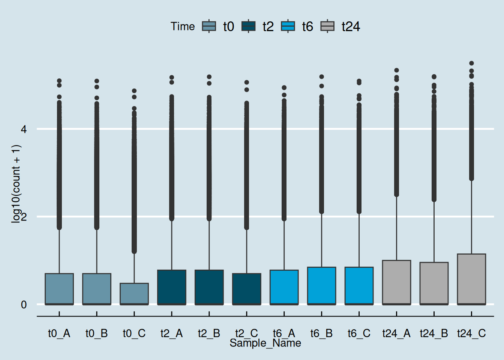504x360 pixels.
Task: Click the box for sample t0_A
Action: click(x=59, y=289)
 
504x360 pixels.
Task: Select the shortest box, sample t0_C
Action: click(x=134, y=294)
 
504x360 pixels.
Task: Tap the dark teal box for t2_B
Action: click(x=209, y=287)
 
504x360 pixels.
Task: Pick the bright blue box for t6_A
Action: click(x=284, y=287)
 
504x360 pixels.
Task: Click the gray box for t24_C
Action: click(x=471, y=279)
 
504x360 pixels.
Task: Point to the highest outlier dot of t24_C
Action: click(x=471, y=63)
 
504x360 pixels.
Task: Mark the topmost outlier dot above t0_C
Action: click(x=134, y=91)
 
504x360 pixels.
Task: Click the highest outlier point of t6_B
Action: click(x=321, y=77)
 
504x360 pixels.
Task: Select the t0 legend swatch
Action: click(x=209, y=26)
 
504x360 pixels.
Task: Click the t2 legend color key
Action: click(x=248, y=26)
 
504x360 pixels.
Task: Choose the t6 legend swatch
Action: click(x=288, y=26)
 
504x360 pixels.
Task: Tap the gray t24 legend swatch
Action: click(x=327, y=26)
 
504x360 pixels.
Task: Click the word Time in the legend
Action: click(x=183, y=26)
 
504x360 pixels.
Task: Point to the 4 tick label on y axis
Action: click(x=24, y=129)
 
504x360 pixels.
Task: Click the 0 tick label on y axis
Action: click(x=24, y=304)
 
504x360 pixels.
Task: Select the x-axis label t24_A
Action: click(x=396, y=333)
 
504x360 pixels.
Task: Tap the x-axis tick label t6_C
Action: click(x=359, y=333)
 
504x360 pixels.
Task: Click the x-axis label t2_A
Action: click(x=171, y=333)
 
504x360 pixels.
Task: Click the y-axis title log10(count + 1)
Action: click(x=16, y=184)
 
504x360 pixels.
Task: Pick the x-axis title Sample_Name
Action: click(x=265, y=343)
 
